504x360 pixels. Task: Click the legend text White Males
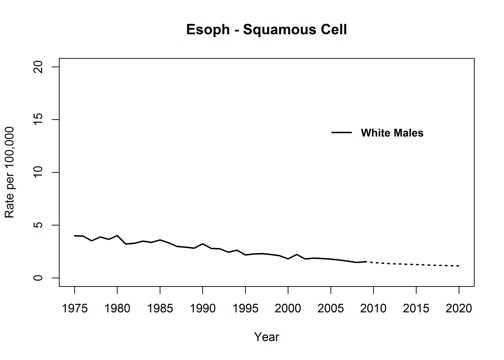coord(393,133)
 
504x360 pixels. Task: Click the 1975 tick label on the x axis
coord(75,306)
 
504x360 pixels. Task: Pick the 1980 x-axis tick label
coord(117,306)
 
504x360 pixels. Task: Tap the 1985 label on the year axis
coord(160,306)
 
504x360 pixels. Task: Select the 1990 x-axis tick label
coord(202,306)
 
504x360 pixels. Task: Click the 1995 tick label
coord(245,306)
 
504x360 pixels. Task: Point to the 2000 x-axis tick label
coord(287,306)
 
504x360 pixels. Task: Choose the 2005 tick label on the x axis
coord(330,306)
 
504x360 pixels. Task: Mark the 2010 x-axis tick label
coord(372,306)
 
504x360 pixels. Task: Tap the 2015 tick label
coord(415,306)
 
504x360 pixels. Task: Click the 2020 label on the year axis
coord(458,306)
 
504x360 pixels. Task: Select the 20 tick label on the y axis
coord(37,66)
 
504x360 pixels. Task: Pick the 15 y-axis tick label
coord(37,119)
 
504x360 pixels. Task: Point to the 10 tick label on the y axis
coord(37,172)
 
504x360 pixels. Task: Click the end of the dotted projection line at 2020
coord(458,266)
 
